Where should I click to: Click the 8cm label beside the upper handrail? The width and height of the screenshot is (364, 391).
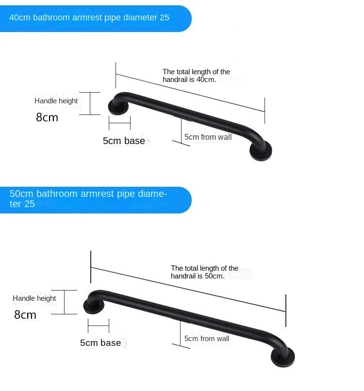[47, 117]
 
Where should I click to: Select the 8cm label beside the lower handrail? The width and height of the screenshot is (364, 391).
[25, 315]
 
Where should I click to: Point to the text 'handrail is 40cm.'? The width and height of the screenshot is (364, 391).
[189, 80]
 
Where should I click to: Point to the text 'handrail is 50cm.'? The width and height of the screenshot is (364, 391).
[198, 276]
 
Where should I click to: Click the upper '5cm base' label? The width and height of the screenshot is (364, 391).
[124, 141]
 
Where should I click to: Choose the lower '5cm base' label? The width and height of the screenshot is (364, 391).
[100, 343]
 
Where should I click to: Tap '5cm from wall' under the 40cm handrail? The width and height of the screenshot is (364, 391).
[208, 137]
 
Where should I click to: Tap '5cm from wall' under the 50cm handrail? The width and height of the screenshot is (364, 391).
[207, 339]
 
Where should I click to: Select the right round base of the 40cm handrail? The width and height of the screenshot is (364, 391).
[261, 152]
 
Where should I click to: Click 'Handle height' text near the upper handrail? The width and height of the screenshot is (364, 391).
[56, 101]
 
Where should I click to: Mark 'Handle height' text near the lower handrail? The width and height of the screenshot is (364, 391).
[34, 298]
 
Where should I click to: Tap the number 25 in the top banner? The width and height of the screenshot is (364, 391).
[164, 18]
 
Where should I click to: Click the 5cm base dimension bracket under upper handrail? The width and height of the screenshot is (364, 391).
[119, 123]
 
